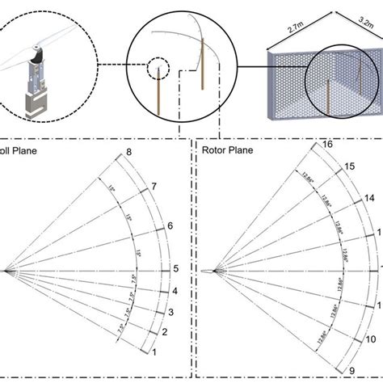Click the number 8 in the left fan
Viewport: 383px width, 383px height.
coord(128,153)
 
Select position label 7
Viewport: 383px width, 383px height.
coord(153,187)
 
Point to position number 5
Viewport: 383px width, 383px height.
coord(175,269)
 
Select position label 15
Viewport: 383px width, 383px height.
coord(349,166)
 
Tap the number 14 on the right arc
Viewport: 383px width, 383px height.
coord(368,198)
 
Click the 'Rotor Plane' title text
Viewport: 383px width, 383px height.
coord(228,149)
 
